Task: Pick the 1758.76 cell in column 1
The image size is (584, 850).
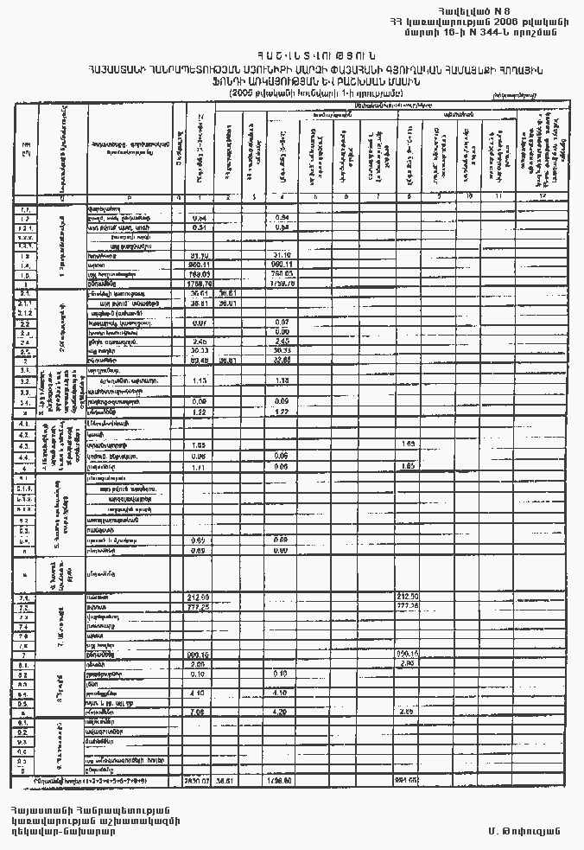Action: point(201,283)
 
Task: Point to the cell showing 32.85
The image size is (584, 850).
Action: point(282,359)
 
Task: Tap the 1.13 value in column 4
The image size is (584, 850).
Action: point(282,380)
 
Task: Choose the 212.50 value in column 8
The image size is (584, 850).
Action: point(407,597)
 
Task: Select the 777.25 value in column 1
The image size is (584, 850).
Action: point(201,607)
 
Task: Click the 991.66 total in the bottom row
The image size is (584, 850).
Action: point(407,781)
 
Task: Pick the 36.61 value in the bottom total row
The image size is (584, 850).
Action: point(226,781)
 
